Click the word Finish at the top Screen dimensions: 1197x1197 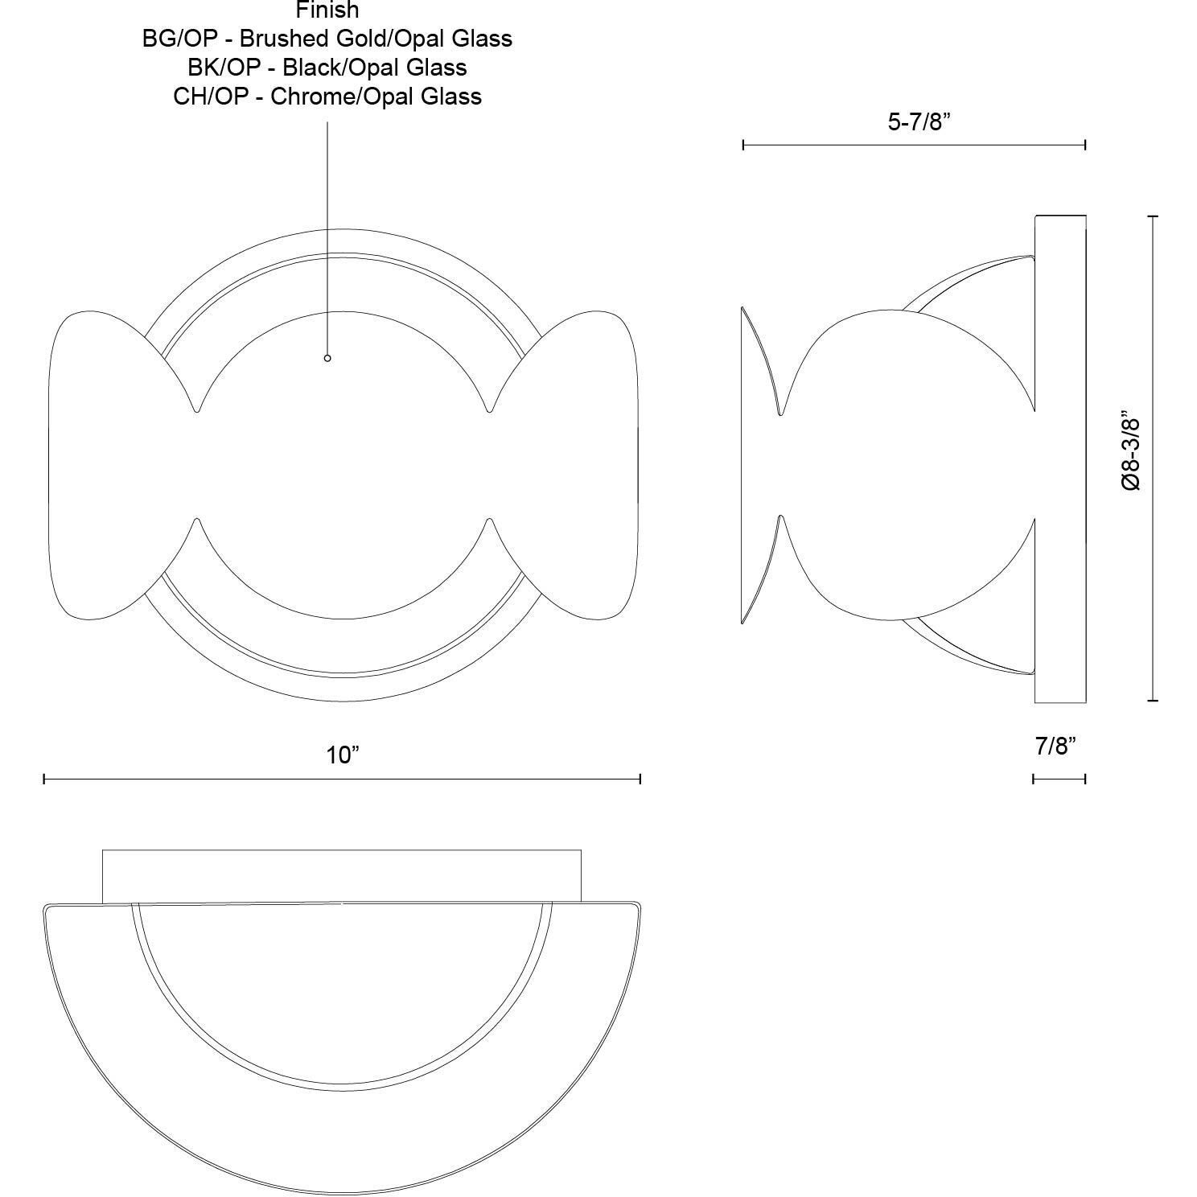click(327, 10)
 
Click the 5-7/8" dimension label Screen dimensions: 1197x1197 click(919, 122)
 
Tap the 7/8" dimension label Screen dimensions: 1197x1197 click(1055, 747)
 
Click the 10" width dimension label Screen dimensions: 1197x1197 click(343, 755)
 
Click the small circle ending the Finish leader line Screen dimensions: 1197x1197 click(327, 358)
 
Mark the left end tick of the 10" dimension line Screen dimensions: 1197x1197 click(44, 779)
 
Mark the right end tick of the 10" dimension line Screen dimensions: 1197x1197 click(640, 779)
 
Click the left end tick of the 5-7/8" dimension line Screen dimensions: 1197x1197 click(743, 145)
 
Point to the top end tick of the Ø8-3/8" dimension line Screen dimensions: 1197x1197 click(1154, 216)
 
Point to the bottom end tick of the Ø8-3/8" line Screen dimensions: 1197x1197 click(1154, 701)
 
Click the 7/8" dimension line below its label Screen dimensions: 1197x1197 click(1059, 779)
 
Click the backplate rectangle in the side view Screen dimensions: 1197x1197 click(1060, 459)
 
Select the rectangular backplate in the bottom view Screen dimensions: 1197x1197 click(342, 875)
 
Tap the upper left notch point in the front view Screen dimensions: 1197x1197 click(197, 410)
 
